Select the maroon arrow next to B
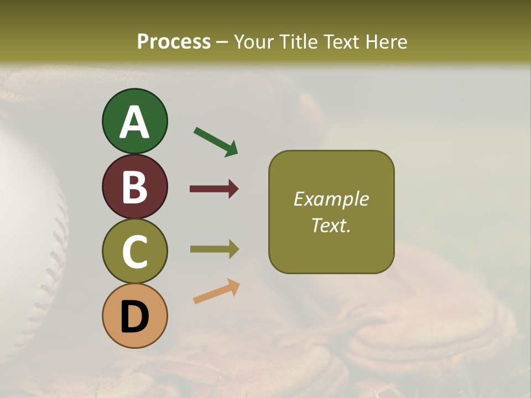(x=214, y=189)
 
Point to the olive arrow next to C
(x=214, y=249)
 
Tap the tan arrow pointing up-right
(x=216, y=291)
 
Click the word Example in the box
(x=331, y=199)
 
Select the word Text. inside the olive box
(x=331, y=225)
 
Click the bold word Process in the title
(x=174, y=41)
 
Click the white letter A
(x=134, y=123)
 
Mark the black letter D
(x=134, y=317)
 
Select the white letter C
(x=134, y=252)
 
